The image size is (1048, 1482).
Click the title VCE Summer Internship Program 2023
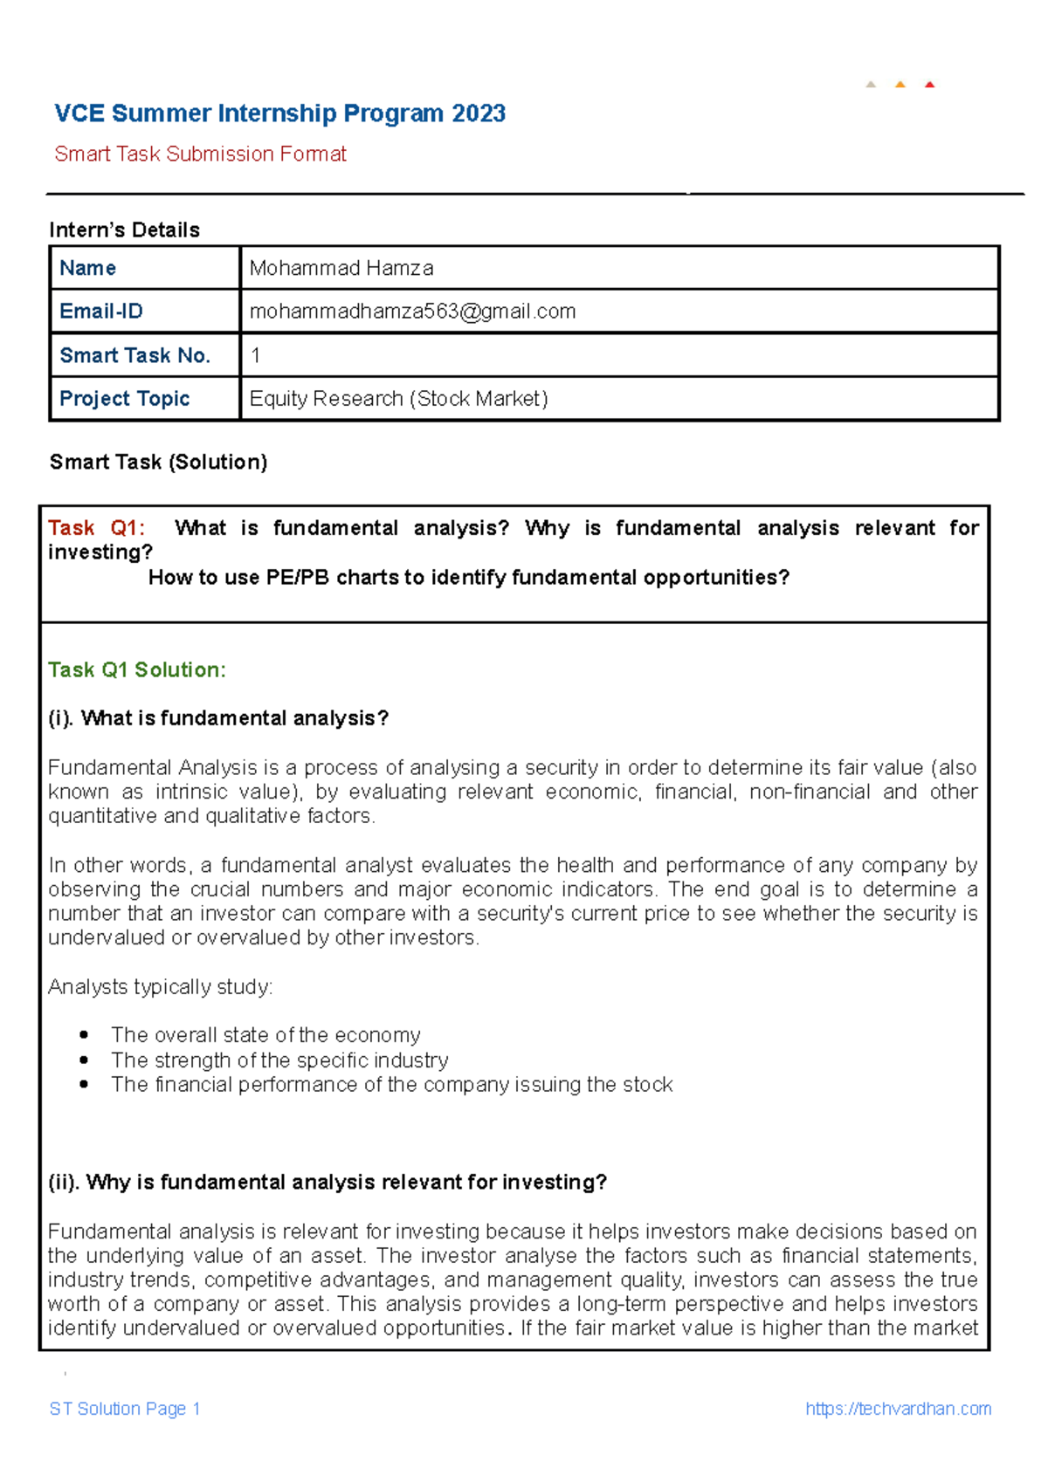coord(279,113)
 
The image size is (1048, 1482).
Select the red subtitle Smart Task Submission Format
coord(200,154)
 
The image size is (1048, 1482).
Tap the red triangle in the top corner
coord(929,85)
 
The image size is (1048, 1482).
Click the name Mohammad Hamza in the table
coord(341,268)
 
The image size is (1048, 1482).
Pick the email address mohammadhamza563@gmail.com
coord(412,312)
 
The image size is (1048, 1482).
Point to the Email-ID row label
coord(101,312)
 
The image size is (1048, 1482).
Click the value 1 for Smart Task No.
coord(255,355)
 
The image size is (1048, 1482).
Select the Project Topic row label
coord(124,399)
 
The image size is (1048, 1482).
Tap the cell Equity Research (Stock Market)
coord(398,399)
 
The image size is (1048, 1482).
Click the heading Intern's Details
coord(124,230)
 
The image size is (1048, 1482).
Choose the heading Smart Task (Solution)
coord(158,462)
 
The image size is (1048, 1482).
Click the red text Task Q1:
coord(96,528)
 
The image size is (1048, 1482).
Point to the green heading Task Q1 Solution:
coord(137,669)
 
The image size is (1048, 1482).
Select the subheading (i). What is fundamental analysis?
coord(218,718)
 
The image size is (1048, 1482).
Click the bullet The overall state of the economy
coord(265,1035)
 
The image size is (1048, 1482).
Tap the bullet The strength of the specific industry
coord(279,1060)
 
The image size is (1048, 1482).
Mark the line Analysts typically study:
coord(160,987)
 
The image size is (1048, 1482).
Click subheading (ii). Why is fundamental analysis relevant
coord(327,1183)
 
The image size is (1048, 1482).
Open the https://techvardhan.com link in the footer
coord(898,1409)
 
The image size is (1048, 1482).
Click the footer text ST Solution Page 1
coord(125,1409)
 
